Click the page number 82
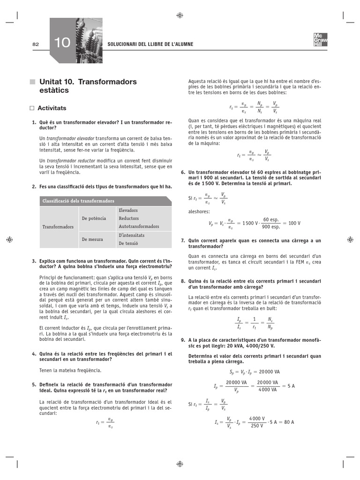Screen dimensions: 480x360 click(x=35, y=44)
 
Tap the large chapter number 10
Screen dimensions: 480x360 click(x=62, y=44)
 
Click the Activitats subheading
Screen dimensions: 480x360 click(x=52, y=108)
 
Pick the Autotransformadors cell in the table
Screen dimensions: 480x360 click(x=139, y=226)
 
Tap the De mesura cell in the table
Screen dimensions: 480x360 click(x=92, y=239)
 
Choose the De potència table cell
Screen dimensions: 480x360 click(x=94, y=218)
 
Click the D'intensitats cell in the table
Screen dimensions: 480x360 click(x=131, y=235)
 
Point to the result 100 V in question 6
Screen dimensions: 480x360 click(x=294, y=223)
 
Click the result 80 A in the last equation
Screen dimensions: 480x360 click(x=287, y=422)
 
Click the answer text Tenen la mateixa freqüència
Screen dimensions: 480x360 click(x=70, y=370)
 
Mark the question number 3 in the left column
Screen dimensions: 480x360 click(x=34, y=261)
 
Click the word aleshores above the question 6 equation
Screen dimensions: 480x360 click(x=199, y=212)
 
